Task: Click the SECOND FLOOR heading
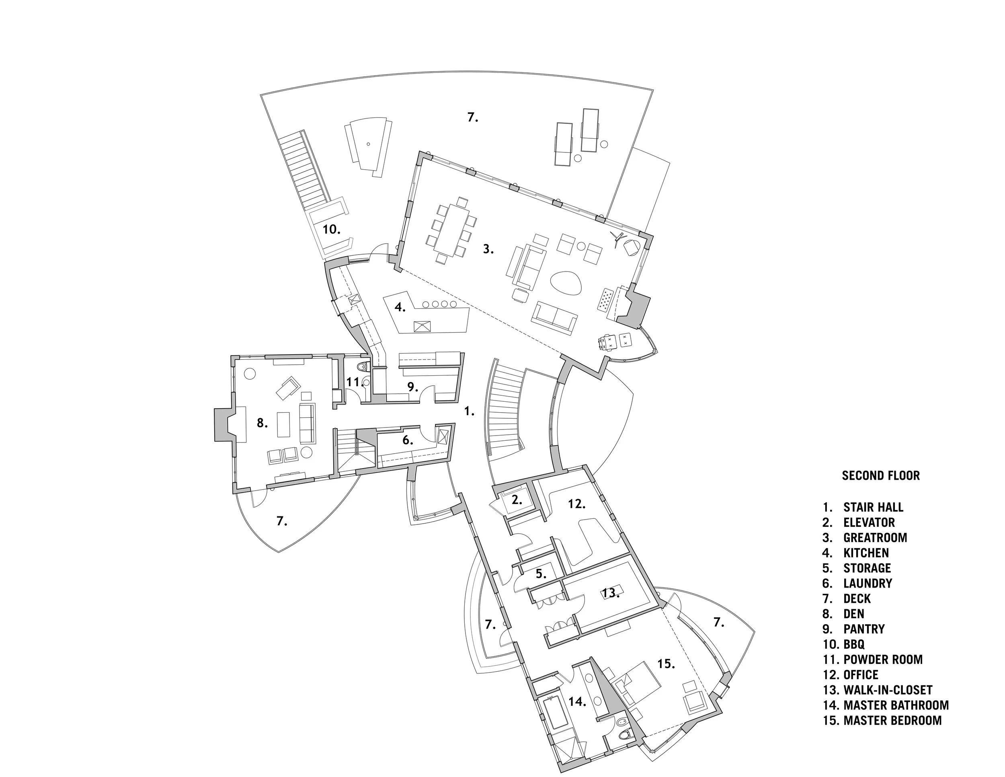(x=880, y=475)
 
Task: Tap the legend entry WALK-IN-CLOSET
(x=888, y=690)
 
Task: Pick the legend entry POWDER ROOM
(x=883, y=660)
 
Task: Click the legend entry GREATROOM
(x=875, y=538)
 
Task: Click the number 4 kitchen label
(x=400, y=307)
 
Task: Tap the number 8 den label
(x=262, y=423)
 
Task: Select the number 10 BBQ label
(x=331, y=229)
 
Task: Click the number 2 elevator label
(x=517, y=500)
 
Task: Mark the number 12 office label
(x=576, y=504)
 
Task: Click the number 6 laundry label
(x=407, y=440)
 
